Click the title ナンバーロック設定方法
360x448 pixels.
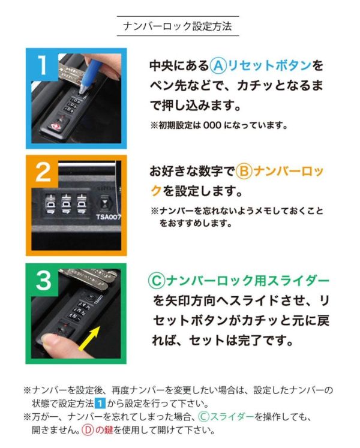click(x=178, y=26)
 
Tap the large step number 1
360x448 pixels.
click(x=43, y=65)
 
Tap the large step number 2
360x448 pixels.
click(x=43, y=172)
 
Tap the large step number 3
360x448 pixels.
click(x=43, y=280)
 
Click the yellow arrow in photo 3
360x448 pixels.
click(x=89, y=338)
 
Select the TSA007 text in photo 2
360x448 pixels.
click(x=108, y=217)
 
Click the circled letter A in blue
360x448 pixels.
click(x=218, y=66)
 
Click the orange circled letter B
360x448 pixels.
click(x=244, y=172)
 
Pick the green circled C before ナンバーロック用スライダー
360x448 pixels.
click(x=157, y=281)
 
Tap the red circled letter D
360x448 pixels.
click(x=88, y=430)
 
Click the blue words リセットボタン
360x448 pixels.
click(x=269, y=66)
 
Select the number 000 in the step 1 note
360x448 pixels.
click(x=212, y=125)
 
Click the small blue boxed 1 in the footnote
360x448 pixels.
click(x=100, y=404)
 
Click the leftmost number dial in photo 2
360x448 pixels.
click(x=50, y=204)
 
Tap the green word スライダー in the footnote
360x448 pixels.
click(x=232, y=417)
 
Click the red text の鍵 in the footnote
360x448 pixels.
click(x=104, y=430)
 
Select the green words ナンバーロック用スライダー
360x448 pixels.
click(x=248, y=281)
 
